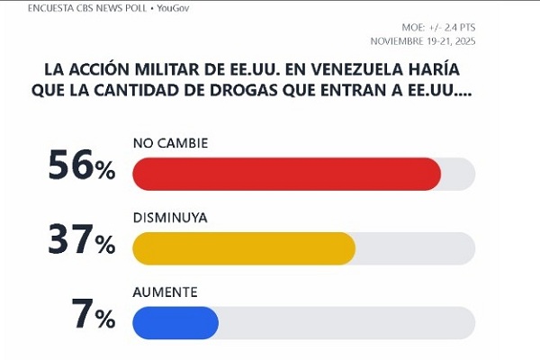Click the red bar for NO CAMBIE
pos(286,174)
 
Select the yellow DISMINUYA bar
pos(243,248)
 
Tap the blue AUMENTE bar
pos(175,322)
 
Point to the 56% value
pos(82,168)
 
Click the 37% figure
pos(82,242)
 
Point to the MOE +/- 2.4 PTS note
pos(437,28)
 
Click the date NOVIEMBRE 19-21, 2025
pos(423,41)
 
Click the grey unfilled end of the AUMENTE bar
pos(346,322)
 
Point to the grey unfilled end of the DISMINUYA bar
pos(414,248)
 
